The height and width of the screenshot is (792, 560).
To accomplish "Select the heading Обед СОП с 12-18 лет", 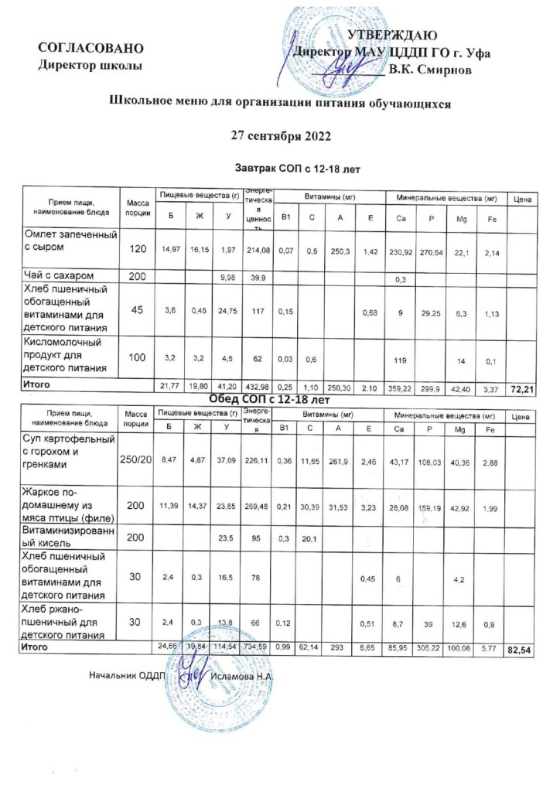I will tap(271, 400).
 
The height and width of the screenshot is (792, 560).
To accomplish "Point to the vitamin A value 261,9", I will tap(342, 461).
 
